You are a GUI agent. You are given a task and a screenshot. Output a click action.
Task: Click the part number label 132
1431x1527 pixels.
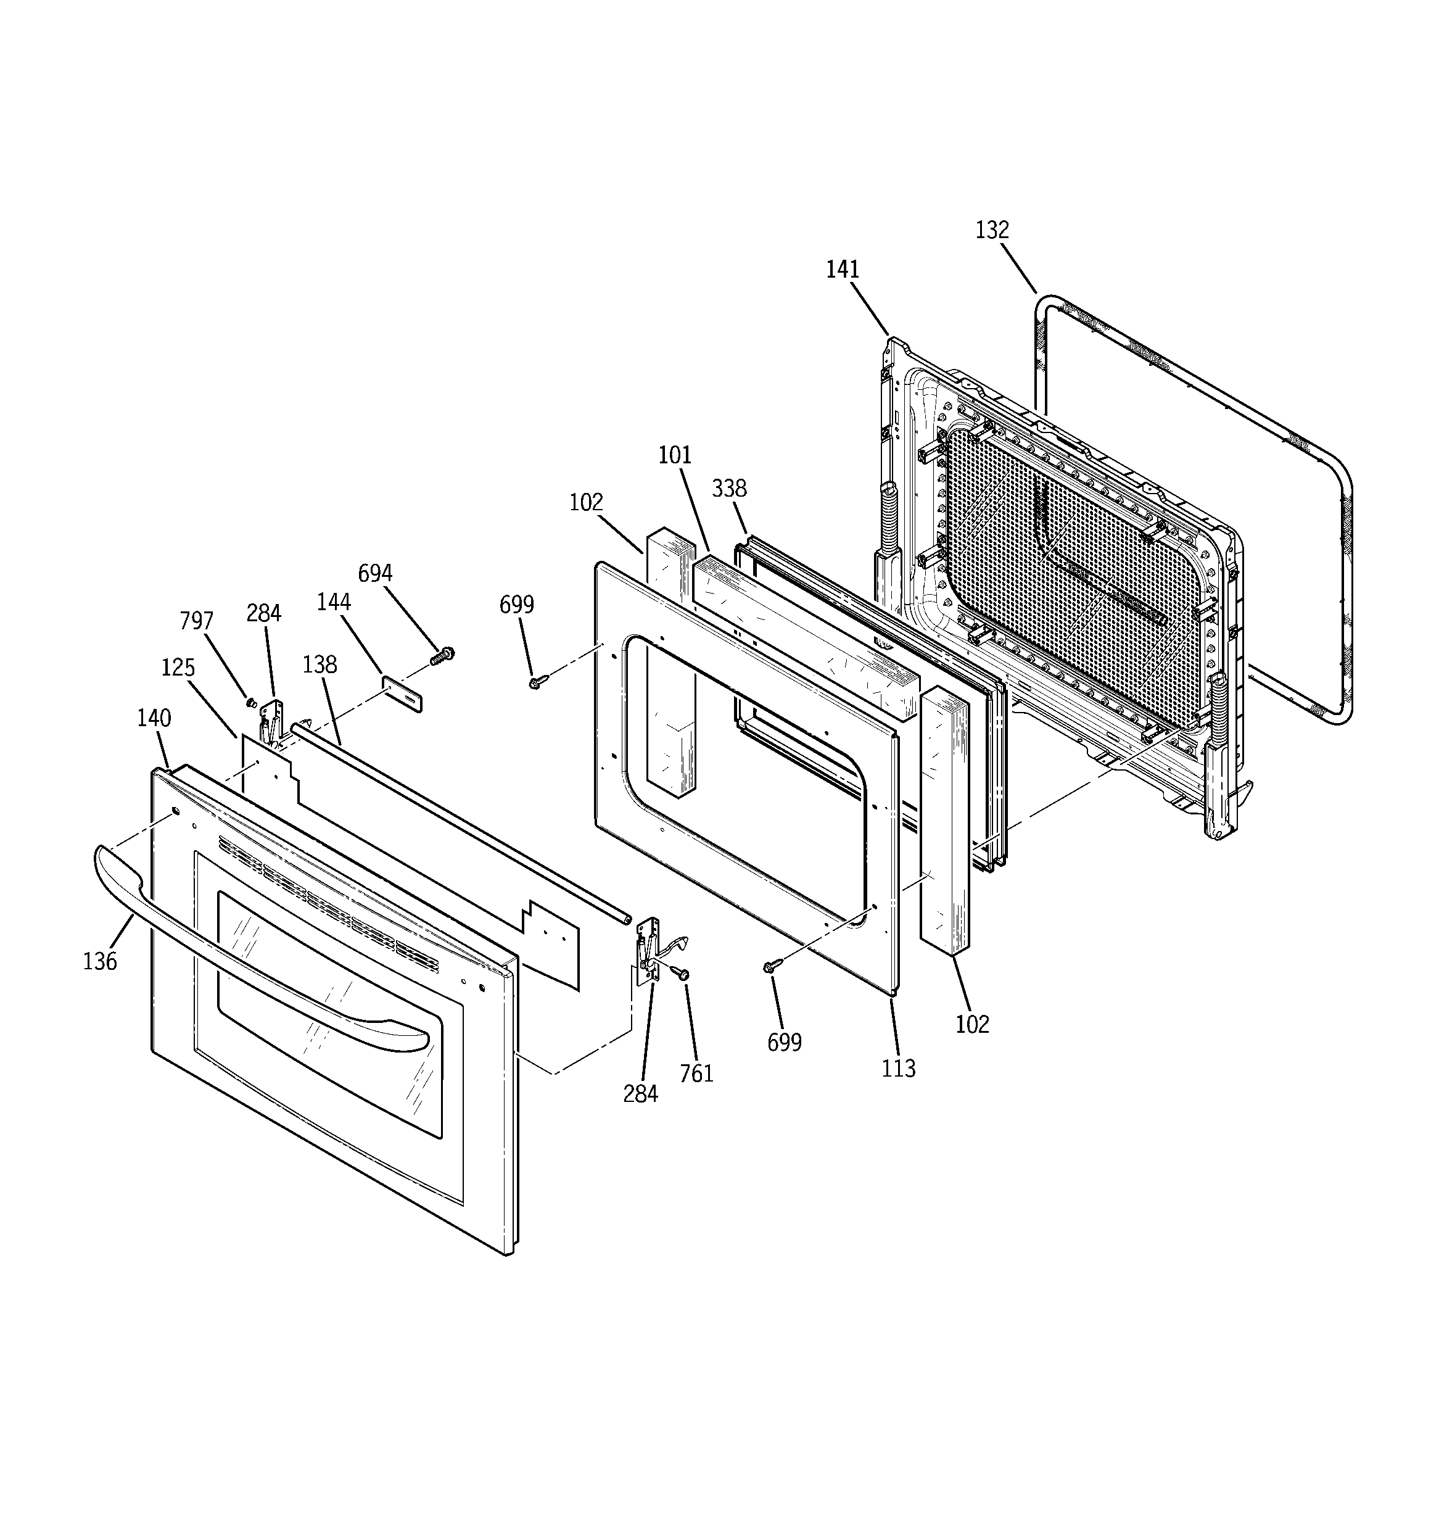click(x=992, y=230)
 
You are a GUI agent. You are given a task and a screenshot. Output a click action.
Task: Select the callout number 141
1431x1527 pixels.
click(x=843, y=270)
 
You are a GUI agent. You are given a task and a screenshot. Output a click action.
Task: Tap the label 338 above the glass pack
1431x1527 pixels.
click(x=729, y=488)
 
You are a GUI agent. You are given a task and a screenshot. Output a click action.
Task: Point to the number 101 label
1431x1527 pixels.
click(x=675, y=455)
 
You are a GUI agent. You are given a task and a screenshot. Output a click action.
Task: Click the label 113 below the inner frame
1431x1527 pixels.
click(x=899, y=1069)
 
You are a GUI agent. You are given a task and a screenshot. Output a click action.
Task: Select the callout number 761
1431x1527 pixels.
click(x=696, y=1073)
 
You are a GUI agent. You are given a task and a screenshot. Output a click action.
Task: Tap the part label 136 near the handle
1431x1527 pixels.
click(x=100, y=961)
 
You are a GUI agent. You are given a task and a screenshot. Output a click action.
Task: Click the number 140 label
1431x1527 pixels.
click(x=154, y=718)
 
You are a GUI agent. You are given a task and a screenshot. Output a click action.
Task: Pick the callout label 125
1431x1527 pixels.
click(x=178, y=668)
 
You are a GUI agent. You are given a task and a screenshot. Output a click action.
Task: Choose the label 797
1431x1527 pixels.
click(x=197, y=621)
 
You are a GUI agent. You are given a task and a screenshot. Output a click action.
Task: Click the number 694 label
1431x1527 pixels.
click(x=375, y=573)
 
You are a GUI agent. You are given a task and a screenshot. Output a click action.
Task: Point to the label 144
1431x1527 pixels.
click(x=333, y=602)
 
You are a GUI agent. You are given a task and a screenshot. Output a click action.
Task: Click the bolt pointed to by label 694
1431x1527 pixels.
click(x=442, y=656)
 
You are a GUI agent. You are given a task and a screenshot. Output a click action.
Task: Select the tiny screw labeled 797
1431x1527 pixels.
click(x=250, y=701)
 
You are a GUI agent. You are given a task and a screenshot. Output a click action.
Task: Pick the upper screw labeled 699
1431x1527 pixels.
click(x=536, y=681)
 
